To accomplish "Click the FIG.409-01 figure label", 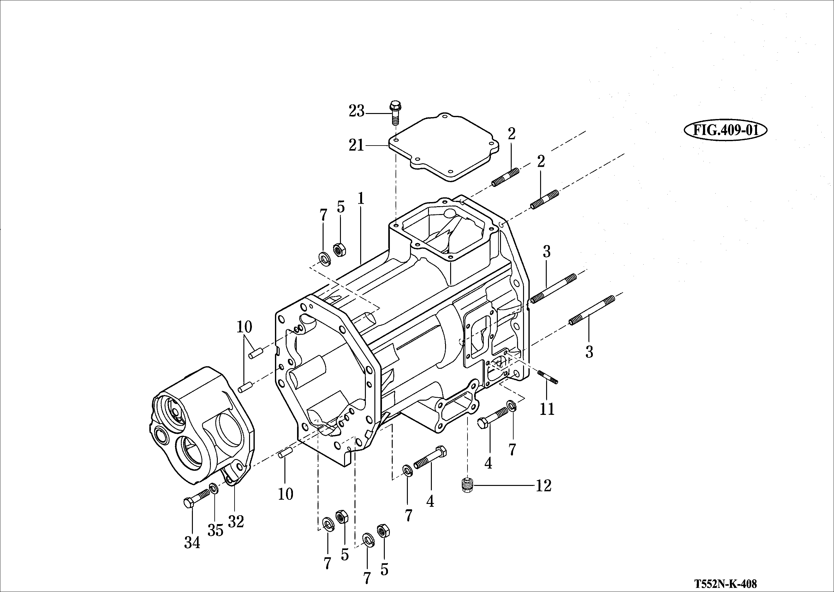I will [725, 130].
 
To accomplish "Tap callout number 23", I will [356, 111].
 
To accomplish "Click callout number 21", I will [356, 146].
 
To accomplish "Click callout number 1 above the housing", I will [361, 199].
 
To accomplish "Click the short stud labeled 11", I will [548, 377].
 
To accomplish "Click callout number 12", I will [543, 486].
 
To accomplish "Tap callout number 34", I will [192, 543].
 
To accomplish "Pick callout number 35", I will [215, 530].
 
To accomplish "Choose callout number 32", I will [236, 522].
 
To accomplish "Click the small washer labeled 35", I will [214, 488].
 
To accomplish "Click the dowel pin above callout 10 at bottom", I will [285, 453].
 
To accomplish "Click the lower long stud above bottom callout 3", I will [591, 309].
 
